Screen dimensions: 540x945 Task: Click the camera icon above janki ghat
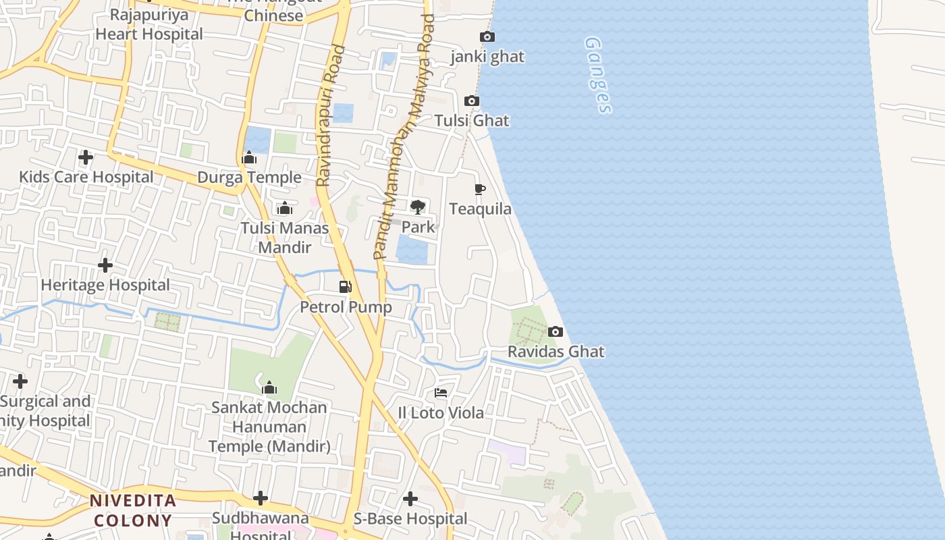[x=487, y=36]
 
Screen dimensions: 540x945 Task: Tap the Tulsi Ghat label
[x=471, y=121]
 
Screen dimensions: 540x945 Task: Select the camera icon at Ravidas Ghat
[x=555, y=331]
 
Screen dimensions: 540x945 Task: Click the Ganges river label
[x=599, y=74]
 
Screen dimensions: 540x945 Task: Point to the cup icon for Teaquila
[x=480, y=189]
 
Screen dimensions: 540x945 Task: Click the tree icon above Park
[x=418, y=207]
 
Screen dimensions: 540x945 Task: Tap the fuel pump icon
[x=346, y=286]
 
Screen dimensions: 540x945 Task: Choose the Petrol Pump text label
[x=346, y=307]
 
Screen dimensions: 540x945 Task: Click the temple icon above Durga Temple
[x=249, y=159]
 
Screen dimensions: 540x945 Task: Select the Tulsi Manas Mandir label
[x=285, y=238]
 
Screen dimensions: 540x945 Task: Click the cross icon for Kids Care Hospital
[x=86, y=157]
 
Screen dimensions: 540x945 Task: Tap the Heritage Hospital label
[x=105, y=285]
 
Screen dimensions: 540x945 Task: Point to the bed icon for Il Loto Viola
[x=441, y=392]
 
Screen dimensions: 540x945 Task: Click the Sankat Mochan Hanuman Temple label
[x=269, y=427]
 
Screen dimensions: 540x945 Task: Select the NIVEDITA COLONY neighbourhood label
[x=133, y=510]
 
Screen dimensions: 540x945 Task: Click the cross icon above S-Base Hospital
[x=410, y=499]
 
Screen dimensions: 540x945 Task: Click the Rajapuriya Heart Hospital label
[x=149, y=24]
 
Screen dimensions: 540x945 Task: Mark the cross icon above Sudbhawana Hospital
[x=261, y=499]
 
